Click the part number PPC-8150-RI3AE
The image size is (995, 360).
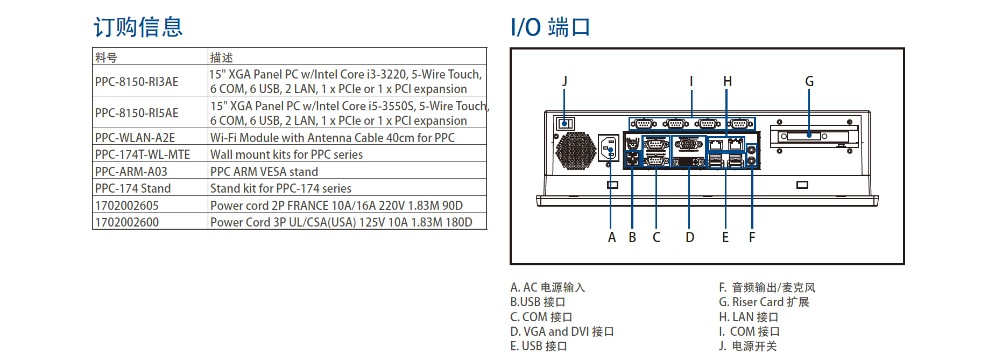(137, 82)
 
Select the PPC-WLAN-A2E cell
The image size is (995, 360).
(135, 138)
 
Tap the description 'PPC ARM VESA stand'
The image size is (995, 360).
(264, 172)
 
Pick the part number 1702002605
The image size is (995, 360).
(127, 206)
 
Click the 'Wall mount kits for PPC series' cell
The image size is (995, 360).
(286, 155)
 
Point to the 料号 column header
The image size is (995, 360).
(106, 57)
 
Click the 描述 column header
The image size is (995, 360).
(221, 57)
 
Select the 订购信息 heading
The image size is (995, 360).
(138, 27)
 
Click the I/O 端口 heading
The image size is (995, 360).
(550, 27)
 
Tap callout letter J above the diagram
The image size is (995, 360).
(564, 81)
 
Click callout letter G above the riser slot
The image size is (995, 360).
(809, 81)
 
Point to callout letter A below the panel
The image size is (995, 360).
(611, 237)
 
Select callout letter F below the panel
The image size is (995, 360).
(752, 237)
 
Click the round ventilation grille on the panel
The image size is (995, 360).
(575, 151)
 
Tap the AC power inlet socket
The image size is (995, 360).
(609, 148)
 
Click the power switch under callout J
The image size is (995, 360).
(564, 124)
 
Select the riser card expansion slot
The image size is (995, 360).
(809, 136)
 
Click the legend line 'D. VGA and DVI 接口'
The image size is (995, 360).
(562, 331)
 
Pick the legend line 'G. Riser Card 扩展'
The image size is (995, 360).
(764, 302)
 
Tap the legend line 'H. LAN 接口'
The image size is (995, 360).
(748, 317)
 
